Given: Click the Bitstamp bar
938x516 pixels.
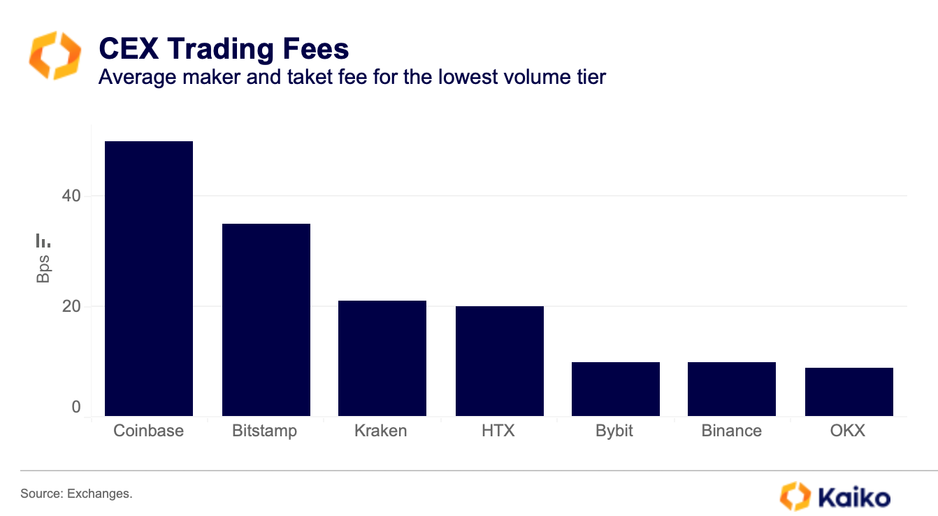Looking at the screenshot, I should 266,320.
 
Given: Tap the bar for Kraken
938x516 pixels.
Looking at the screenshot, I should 382,358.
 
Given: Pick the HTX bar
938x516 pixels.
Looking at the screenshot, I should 499,361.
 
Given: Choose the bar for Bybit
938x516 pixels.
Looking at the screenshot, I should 615,389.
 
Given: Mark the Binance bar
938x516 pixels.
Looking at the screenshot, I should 731,389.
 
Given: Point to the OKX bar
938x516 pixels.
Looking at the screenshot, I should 849,392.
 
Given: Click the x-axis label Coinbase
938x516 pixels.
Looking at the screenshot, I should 148,431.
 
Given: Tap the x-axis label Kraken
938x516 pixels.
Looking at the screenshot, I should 380,431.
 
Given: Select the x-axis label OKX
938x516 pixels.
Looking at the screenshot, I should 847,431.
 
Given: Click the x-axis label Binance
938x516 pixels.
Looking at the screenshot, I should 731,431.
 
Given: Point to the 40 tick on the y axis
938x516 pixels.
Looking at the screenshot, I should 71,196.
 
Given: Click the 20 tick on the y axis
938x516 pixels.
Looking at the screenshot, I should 71,306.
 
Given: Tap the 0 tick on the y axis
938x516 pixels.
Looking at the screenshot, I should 75,407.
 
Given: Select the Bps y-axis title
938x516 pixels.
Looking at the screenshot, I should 43,269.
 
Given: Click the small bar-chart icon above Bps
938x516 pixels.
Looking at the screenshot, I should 43,241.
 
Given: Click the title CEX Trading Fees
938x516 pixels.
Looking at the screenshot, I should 224,49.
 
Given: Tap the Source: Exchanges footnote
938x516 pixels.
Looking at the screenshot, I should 76,494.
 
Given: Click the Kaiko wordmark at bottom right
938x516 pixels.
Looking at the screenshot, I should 853,497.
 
